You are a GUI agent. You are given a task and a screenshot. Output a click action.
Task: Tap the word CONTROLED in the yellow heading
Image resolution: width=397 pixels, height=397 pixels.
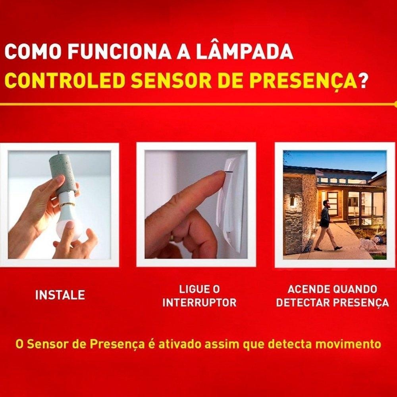tap(65, 81)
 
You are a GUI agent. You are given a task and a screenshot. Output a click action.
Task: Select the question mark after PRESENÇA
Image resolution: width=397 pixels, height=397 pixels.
tap(363, 81)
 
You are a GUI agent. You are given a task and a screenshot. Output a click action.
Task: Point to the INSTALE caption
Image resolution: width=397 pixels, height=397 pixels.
tap(60, 295)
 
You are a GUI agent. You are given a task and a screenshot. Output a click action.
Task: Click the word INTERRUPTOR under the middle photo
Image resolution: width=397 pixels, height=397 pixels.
tap(200, 302)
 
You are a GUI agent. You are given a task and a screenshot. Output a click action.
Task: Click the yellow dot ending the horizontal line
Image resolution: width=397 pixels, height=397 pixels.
tap(396, 104)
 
